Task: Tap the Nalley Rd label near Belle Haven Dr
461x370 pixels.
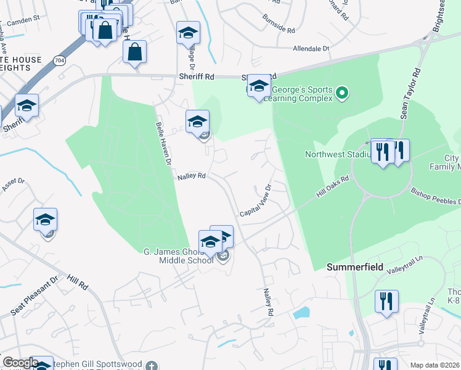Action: coord(191,176)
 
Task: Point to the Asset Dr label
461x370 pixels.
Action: coord(12,183)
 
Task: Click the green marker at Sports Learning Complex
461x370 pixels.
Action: coord(343,94)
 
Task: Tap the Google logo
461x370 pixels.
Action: coord(20,363)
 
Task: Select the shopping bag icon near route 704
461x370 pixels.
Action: coord(134,53)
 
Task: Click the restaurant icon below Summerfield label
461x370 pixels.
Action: coord(386,302)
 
